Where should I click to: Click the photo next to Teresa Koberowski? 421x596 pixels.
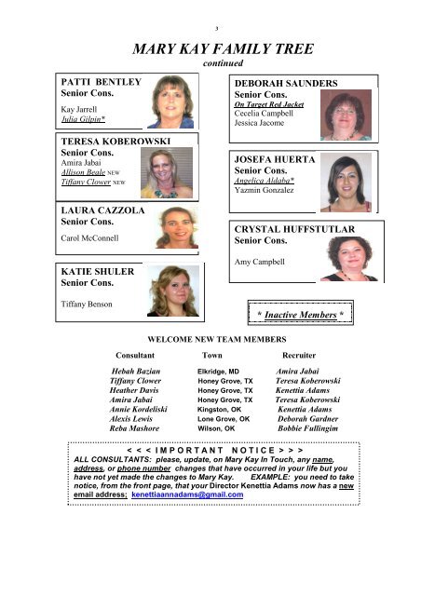click(166, 173)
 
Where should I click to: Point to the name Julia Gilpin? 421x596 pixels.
click(82, 120)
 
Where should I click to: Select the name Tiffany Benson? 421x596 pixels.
click(88, 304)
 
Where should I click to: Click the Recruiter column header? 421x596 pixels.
click(304, 356)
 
